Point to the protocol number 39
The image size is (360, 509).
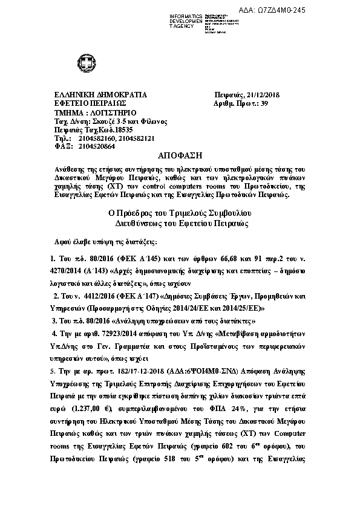pyautogui.click(x=264, y=104)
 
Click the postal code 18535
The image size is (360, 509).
pyautogui.click(x=119, y=129)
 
